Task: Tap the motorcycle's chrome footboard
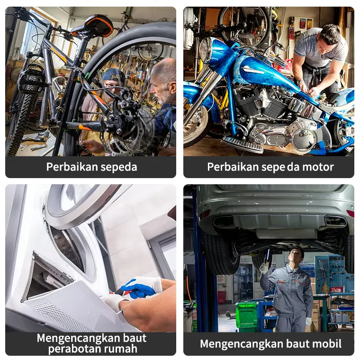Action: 242,144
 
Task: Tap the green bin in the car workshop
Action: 247,315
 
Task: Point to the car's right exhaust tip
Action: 336,221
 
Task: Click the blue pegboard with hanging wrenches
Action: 333,275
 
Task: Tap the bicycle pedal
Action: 31,81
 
